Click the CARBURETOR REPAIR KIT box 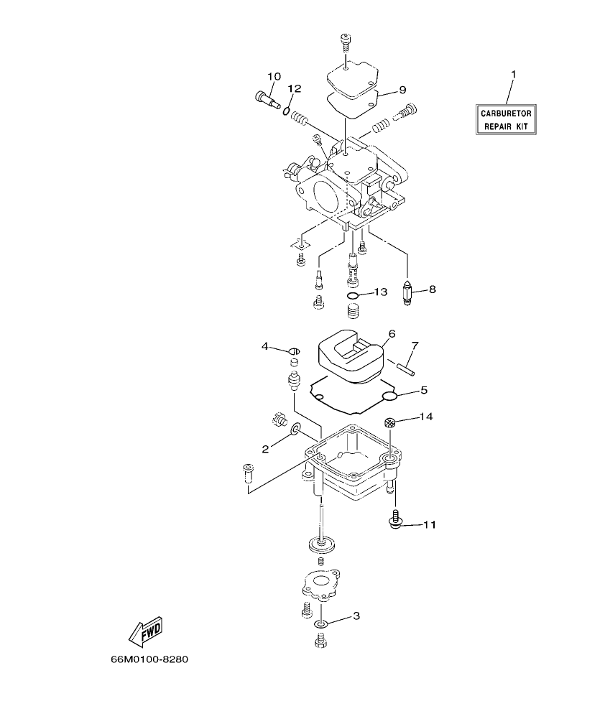pos(506,119)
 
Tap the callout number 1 pos(513,75)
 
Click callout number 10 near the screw pos(274,77)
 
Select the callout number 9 pos(402,90)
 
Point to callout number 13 pos(380,292)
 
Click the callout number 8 pos(432,289)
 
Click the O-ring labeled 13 pos(352,295)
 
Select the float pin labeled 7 pos(405,366)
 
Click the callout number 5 pos(424,391)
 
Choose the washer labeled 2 pos(295,430)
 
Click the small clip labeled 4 pos(293,350)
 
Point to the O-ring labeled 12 pos(286,111)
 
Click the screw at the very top pos(345,41)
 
